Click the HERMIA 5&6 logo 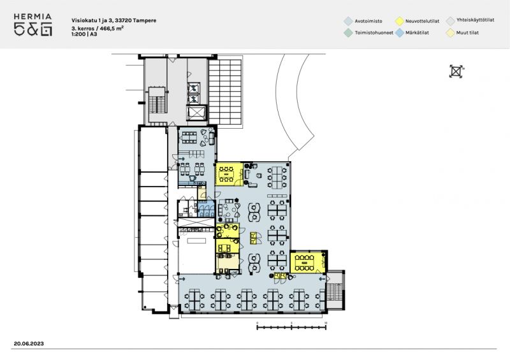33,25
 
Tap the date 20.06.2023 29,343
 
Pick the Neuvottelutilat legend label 422,21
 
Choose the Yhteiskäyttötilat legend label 475,20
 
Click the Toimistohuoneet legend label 374,32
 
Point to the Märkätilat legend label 417,32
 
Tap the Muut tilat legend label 467,32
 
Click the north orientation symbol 456,71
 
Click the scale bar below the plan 291,328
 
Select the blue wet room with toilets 206,208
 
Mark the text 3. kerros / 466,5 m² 98,28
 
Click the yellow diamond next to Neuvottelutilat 400,21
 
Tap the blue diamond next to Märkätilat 400,33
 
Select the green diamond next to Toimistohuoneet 348,33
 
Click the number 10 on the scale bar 326,323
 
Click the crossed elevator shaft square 196,113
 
